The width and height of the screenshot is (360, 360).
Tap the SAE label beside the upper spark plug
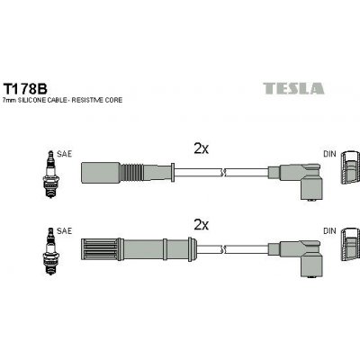point(63,154)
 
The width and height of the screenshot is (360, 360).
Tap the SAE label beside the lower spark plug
point(63,230)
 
